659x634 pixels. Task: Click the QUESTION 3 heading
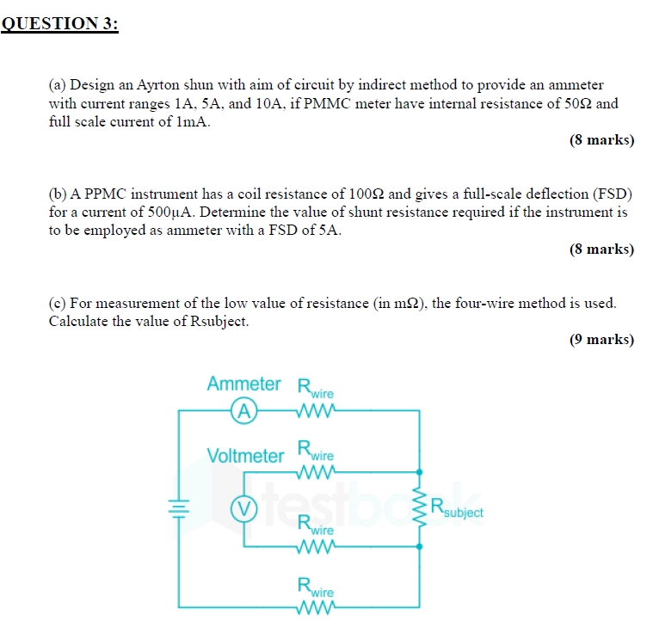[x=59, y=24]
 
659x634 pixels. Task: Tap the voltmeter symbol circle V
[x=243, y=508]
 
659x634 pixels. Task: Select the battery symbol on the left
[x=179, y=508]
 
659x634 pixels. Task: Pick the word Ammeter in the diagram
[x=243, y=384]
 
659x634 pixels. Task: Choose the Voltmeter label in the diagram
[x=245, y=455]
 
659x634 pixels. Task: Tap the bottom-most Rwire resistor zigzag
[x=312, y=612]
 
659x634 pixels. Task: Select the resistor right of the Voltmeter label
[x=312, y=471]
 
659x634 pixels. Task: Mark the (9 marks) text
[x=601, y=339]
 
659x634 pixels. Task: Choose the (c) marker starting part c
[x=57, y=303]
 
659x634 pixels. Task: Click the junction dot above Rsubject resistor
[x=420, y=471]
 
